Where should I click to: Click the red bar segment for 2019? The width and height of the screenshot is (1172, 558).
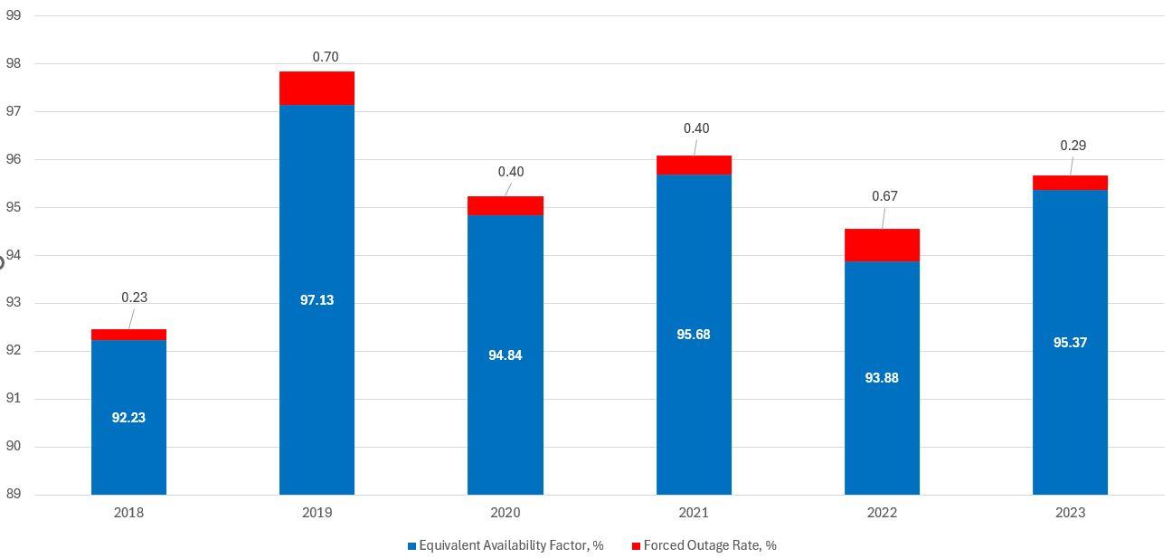pos(317,88)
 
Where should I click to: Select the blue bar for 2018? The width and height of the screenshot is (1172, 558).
pos(128,380)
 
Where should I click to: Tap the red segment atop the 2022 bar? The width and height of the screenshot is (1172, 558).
pos(882,245)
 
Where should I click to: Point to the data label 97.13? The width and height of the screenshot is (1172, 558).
pos(317,300)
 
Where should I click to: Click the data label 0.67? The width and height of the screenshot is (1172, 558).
pos(884,196)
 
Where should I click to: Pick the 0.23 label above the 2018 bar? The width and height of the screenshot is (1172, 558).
pos(134,298)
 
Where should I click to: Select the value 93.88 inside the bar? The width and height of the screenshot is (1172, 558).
pos(882,378)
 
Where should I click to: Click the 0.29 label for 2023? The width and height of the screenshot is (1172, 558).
pos(1073,146)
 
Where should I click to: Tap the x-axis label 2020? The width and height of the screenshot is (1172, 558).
pos(505,513)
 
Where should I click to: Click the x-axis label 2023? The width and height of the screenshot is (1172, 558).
pos(1070,513)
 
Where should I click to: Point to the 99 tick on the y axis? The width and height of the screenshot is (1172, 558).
pos(14,16)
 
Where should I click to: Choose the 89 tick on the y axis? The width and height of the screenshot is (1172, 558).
pos(14,495)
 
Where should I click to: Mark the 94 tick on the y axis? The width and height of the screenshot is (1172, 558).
pos(14,255)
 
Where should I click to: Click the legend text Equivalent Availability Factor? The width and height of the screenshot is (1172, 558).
pos(511,545)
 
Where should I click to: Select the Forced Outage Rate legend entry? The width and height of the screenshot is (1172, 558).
pos(710,545)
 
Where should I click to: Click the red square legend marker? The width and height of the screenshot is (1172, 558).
pos(636,546)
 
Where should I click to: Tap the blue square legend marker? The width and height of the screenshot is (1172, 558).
pos(411,546)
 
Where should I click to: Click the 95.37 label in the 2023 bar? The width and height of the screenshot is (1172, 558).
pos(1070,343)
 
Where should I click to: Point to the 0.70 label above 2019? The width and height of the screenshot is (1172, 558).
pos(326,57)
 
